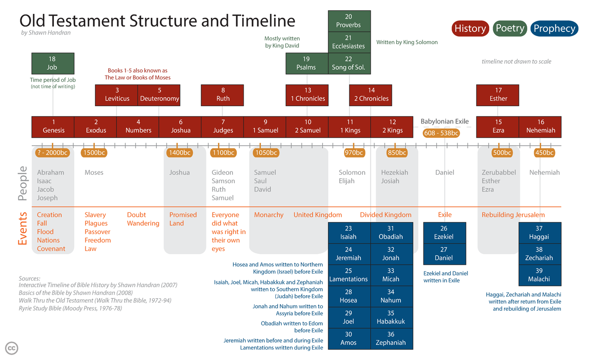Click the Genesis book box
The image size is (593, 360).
click(53, 126)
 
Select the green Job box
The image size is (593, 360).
click(52, 63)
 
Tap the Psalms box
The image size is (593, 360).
click(306, 63)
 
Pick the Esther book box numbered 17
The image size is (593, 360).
click(498, 95)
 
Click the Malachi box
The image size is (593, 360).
click(539, 275)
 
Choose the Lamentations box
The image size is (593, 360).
click(349, 275)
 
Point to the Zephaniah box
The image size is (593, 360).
click(391, 339)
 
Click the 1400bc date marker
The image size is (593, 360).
click(179, 153)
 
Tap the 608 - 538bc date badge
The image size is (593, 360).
click(441, 133)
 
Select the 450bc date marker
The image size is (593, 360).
click(545, 153)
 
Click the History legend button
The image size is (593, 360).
click(470, 28)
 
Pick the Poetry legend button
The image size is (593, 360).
click(510, 28)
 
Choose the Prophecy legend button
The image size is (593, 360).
click(554, 29)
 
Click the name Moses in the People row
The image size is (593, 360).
click(94, 172)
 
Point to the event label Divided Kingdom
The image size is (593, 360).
click(385, 215)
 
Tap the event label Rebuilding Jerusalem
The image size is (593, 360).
click(513, 215)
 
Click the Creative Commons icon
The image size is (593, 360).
click(11, 348)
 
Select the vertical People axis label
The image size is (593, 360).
click(23, 184)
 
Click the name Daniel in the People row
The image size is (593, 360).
click(445, 172)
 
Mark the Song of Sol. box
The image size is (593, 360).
click(349, 63)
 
